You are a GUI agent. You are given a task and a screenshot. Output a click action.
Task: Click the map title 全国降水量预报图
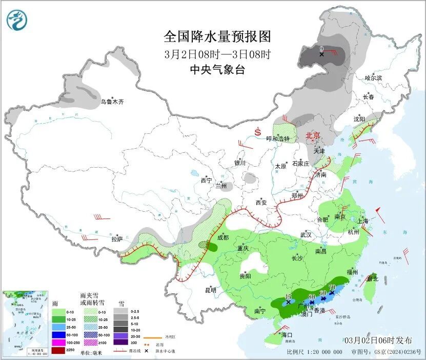[217, 36]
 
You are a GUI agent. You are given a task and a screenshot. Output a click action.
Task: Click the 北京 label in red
[313, 135]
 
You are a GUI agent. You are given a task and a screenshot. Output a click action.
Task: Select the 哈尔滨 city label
[373, 78]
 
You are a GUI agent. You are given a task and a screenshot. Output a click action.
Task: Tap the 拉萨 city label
[117, 239]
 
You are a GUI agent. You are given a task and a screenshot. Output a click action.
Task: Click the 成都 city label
[222, 237]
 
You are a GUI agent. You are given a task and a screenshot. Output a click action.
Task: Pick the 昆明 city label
[211, 290]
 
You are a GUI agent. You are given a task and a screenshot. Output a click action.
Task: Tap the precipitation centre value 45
[288, 296]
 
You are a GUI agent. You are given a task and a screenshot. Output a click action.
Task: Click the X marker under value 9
[321, 54]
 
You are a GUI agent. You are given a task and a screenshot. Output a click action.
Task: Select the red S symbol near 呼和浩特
[257, 132]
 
